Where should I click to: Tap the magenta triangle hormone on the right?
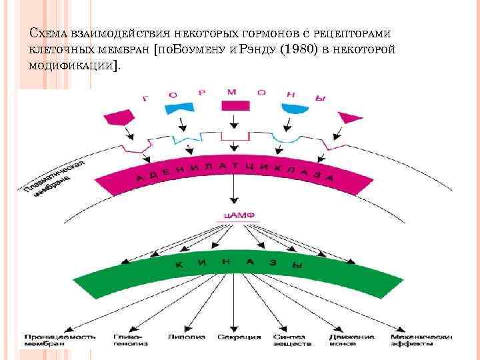347,118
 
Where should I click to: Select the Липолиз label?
182,337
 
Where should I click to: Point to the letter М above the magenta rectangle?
232,91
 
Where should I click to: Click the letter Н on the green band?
226,261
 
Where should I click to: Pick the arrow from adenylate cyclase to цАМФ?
233,193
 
